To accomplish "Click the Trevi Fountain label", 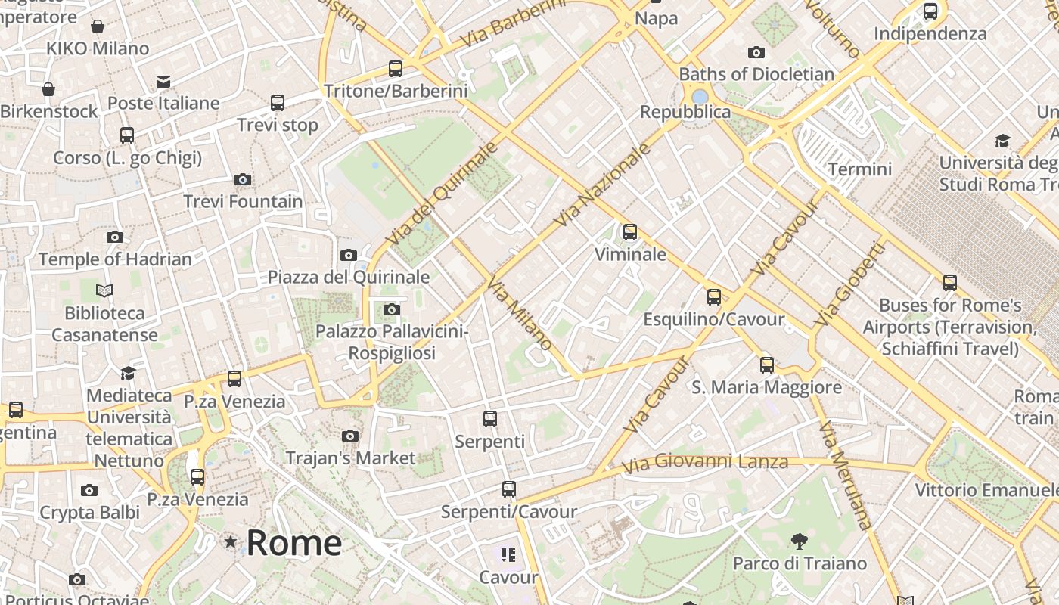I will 243,202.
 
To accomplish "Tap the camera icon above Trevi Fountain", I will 243,180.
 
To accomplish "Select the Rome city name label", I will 293,543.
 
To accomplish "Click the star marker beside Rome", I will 230,542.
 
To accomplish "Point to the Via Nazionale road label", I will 603,185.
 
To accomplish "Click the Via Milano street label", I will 520,314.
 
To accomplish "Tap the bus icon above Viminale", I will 630,232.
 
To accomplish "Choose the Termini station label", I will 860,169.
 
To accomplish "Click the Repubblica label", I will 685,112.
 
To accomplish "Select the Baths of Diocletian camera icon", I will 756,53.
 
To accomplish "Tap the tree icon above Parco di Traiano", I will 799,541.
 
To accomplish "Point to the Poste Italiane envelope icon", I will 163,82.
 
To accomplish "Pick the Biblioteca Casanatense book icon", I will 104,290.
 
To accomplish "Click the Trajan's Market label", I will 350,458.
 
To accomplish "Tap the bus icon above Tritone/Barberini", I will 396,69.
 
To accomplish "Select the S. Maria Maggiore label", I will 766,387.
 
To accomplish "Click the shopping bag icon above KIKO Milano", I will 98,27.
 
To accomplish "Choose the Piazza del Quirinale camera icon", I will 349,256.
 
